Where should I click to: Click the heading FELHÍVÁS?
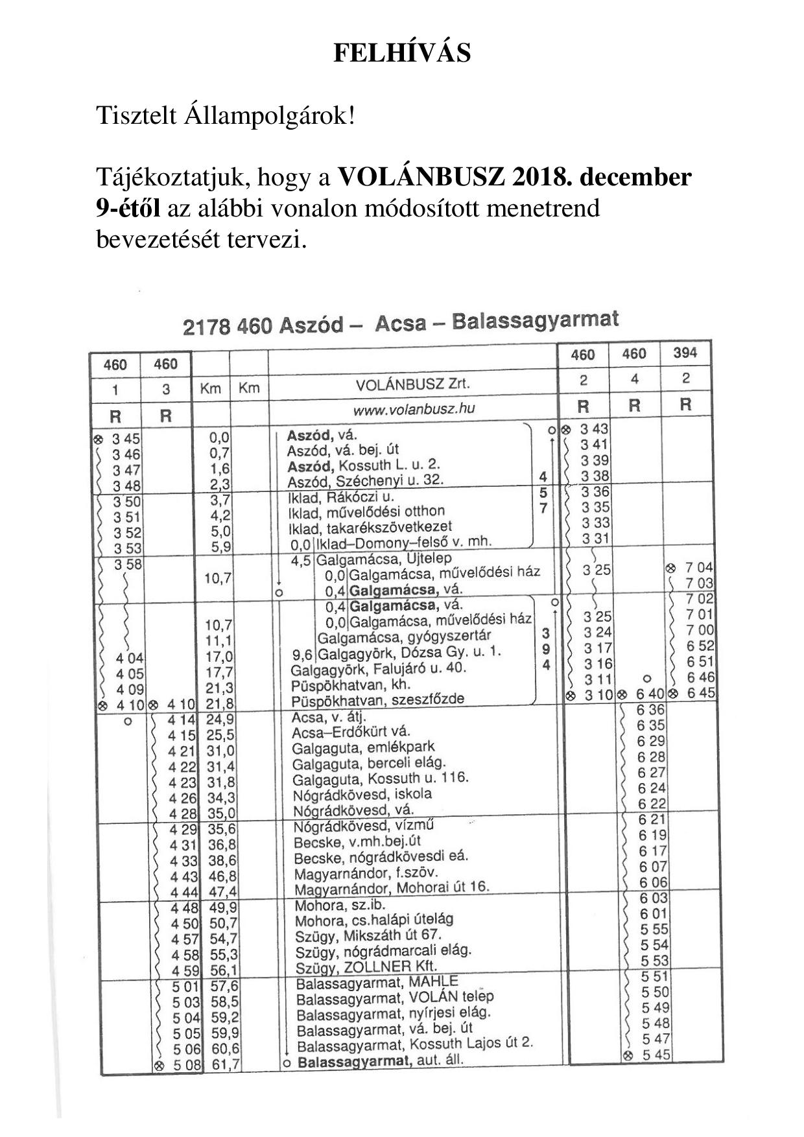click(402, 53)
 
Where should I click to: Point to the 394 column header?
click(685, 353)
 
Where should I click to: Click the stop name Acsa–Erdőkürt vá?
click(351, 733)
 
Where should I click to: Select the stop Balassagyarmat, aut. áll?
click(381, 1062)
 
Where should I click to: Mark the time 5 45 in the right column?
click(656, 1055)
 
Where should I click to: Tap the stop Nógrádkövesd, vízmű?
click(363, 826)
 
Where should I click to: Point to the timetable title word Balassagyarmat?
click(535, 320)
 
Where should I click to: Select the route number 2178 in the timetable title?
click(207, 326)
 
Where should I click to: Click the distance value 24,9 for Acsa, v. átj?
click(220, 719)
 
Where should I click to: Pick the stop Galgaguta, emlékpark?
click(363, 747)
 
